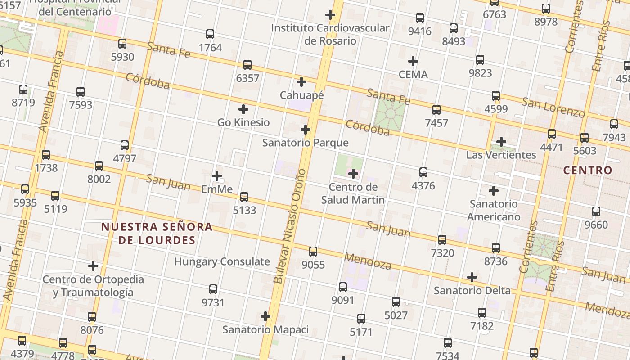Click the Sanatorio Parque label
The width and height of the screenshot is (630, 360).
click(x=305, y=143)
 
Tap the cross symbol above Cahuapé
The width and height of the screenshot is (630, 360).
click(x=301, y=82)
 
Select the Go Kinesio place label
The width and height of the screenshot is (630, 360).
click(x=243, y=122)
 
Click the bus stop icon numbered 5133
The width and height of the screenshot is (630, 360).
click(x=244, y=197)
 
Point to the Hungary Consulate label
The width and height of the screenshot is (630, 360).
click(x=222, y=261)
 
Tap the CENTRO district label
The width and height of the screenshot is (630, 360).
click(x=588, y=170)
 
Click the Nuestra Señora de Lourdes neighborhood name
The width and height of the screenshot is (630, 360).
click(x=157, y=233)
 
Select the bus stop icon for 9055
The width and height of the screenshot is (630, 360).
click(x=313, y=251)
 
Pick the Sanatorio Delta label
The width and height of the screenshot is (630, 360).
click(x=472, y=291)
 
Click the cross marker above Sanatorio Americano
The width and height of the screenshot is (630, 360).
click(x=494, y=191)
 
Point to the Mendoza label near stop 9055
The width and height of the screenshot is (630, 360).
click(x=368, y=261)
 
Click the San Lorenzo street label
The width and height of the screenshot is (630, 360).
click(x=553, y=107)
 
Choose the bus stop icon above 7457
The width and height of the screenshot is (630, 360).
click(x=436, y=109)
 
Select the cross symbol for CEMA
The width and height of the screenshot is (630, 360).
click(x=413, y=61)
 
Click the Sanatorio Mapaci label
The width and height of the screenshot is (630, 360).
click(x=265, y=330)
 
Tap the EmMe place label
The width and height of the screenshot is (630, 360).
click(x=217, y=189)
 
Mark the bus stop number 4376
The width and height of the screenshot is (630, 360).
click(x=423, y=185)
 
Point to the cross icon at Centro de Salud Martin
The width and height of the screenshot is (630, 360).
click(x=353, y=173)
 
